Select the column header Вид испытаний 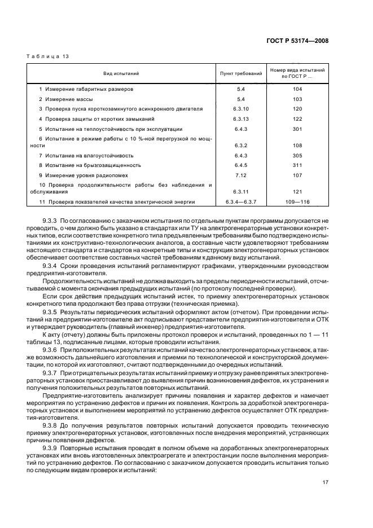pos(121,73)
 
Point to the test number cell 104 pos(297,89)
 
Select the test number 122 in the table pos(297,118)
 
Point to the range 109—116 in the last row pos(297,201)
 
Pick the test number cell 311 pos(297,165)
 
